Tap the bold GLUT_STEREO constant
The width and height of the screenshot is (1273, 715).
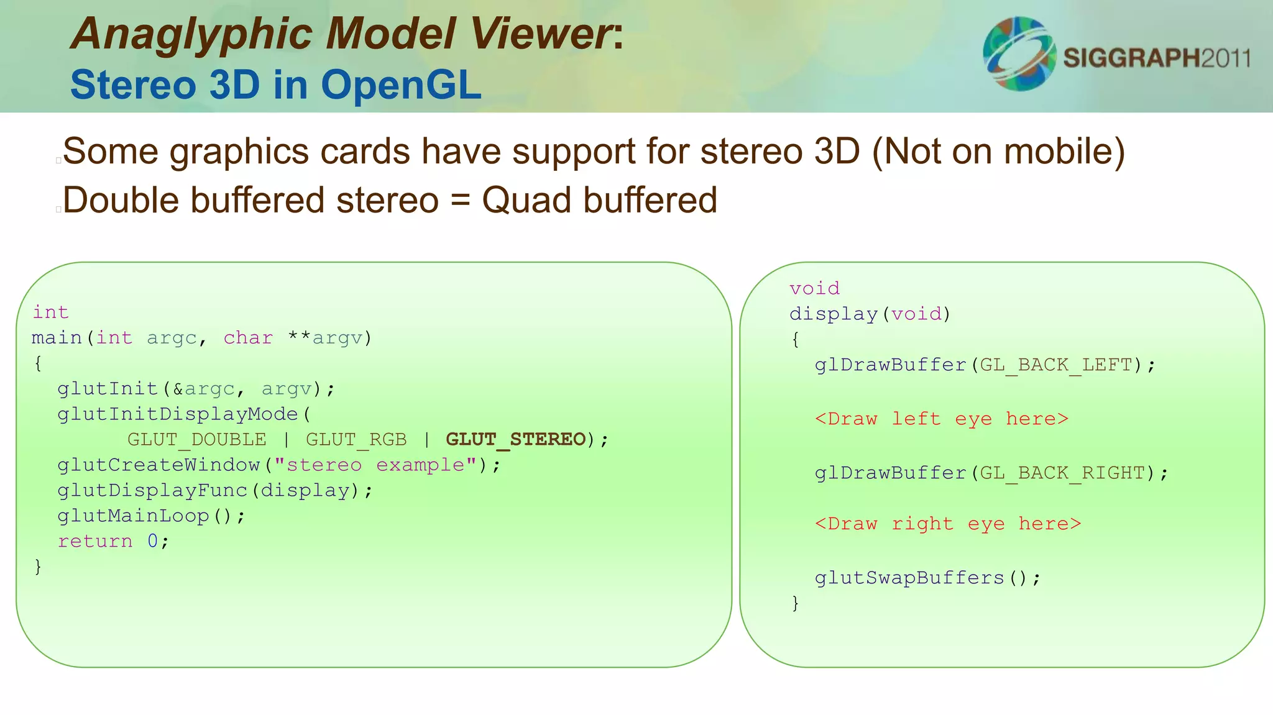coord(516,440)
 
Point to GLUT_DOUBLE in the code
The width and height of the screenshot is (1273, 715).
coord(196,440)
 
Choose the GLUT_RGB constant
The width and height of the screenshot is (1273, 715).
coord(356,440)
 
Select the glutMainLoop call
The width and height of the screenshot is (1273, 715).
coord(133,516)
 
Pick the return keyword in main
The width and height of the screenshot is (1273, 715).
coord(94,542)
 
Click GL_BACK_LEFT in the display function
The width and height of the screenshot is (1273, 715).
coord(1056,365)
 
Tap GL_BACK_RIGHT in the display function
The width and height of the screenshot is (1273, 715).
coord(1062,473)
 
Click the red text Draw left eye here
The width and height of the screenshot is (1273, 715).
coord(941,419)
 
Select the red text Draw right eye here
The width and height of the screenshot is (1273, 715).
coord(947,524)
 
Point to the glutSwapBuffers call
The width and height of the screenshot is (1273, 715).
coord(909,578)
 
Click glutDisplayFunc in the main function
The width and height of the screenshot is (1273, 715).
coord(152,491)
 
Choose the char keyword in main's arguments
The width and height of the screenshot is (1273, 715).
coord(248,338)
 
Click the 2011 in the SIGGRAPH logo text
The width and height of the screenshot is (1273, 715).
coord(1225,58)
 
